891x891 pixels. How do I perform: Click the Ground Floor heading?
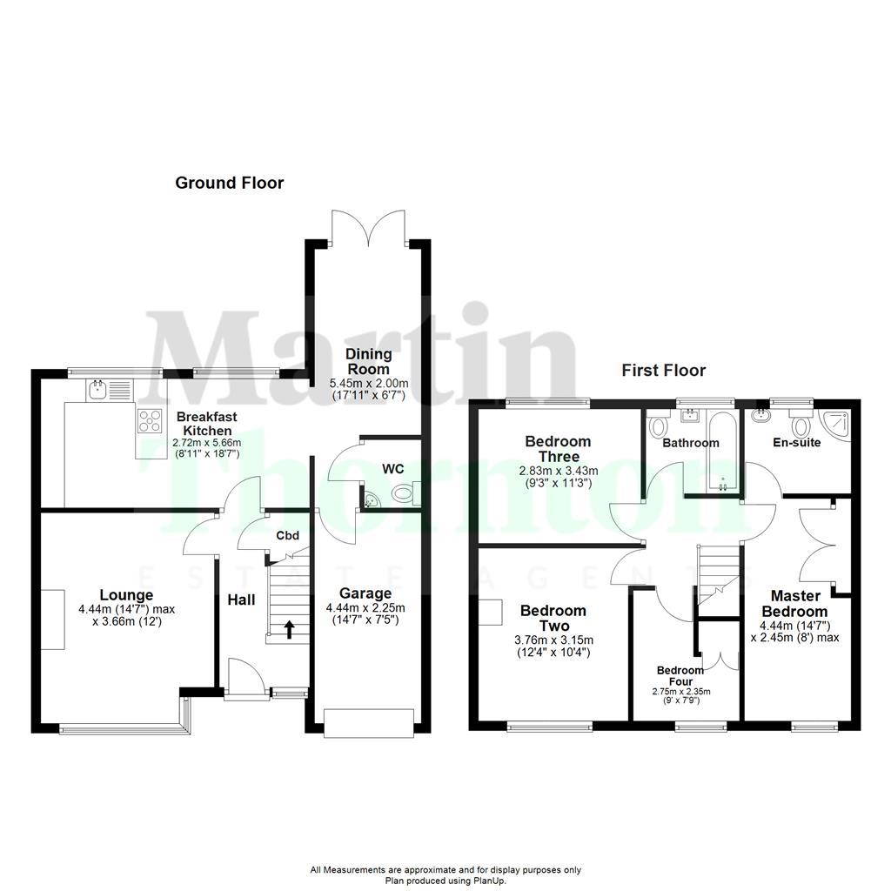click(229, 183)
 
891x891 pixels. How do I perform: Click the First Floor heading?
click(663, 370)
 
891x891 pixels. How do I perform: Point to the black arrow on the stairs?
click(289, 628)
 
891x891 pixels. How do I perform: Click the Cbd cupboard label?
click(288, 536)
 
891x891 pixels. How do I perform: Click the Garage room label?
click(365, 594)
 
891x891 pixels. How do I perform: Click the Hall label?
click(241, 600)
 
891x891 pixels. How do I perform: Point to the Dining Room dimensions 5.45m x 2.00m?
click(368, 384)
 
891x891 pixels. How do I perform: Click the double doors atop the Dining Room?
click(368, 224)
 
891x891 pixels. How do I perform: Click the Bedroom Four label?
click(680, 676)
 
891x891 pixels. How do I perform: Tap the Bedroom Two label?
click(554, 618)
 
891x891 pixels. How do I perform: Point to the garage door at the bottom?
click(368, 722)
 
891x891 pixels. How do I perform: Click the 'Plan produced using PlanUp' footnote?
click(445, 881)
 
